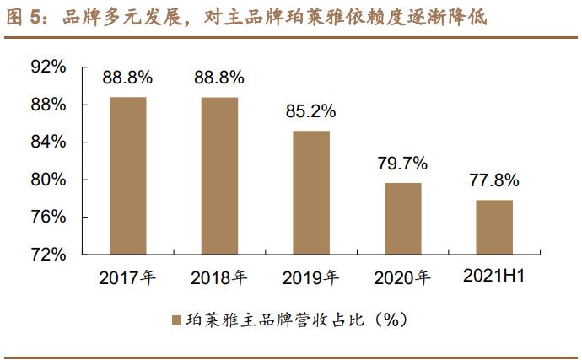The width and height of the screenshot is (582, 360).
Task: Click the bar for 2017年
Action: (x=127, y=175)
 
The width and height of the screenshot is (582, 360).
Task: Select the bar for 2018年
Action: (x=219, y=175)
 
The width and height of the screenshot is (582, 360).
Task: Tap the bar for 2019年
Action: (x=311, y=192)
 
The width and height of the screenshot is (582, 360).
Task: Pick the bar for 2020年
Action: (x=403, y=218)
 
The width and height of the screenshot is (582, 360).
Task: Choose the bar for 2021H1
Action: (x=494, y=227)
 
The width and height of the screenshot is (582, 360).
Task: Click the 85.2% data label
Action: (x=311, y=110)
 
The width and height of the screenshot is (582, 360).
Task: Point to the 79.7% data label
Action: (x=403, y=163)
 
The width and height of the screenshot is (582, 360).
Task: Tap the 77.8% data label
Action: (x=494, y=180)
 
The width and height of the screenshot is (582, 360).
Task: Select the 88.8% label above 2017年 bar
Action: (x=127, y=78)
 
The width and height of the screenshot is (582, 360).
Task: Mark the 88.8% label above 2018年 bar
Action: (x=219, y=78)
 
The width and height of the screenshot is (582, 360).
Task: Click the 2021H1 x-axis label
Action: (x=494, y=277)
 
